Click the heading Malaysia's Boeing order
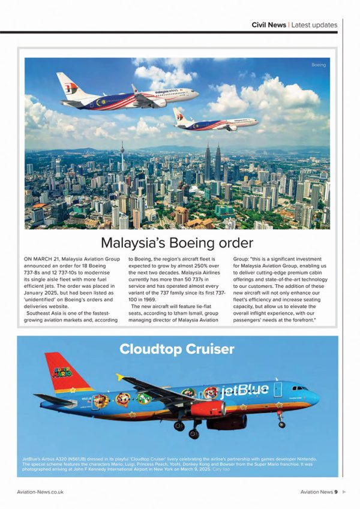[177, 243]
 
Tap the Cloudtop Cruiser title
[176, 348]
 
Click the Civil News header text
[268, 25]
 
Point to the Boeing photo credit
[318, 65]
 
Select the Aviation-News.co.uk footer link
[40, 492]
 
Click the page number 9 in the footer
[336, 492]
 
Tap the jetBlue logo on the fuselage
[244, 391]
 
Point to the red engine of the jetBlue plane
[207, 409]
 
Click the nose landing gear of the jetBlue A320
[281, 422]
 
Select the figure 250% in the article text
[194, 269]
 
